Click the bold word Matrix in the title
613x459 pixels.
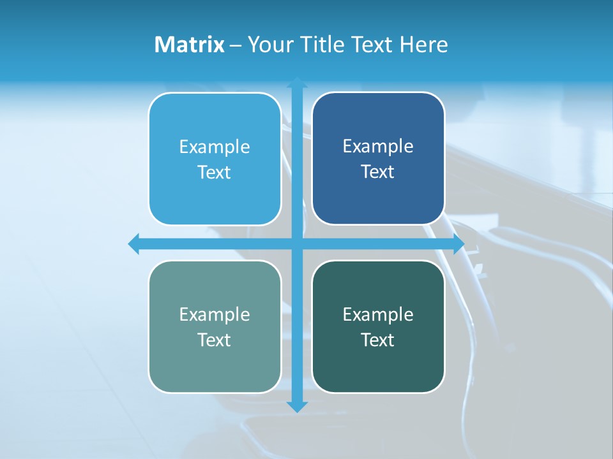click(x=189, y=45)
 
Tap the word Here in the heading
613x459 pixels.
click(x=424, y=45)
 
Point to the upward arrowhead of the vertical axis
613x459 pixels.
click(x=297, y=82)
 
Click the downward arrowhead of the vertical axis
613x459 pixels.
click(x=297, y=407)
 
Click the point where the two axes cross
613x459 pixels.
click(x=297, y=244)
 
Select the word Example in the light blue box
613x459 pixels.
click(x=215, y=147)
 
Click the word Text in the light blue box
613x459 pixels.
click(x=215, y=172)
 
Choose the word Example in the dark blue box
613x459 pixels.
click(x=378, y=146)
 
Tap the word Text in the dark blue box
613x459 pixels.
click(x=378, y=171)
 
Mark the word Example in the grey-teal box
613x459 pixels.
click(x=215, y=314)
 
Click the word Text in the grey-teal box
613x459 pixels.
click(x=215, y=340)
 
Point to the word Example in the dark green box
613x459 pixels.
click(x=378, y=314)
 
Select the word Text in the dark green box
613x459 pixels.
click(x=378, y=340)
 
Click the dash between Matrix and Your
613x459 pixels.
click(x=236, y=45)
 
